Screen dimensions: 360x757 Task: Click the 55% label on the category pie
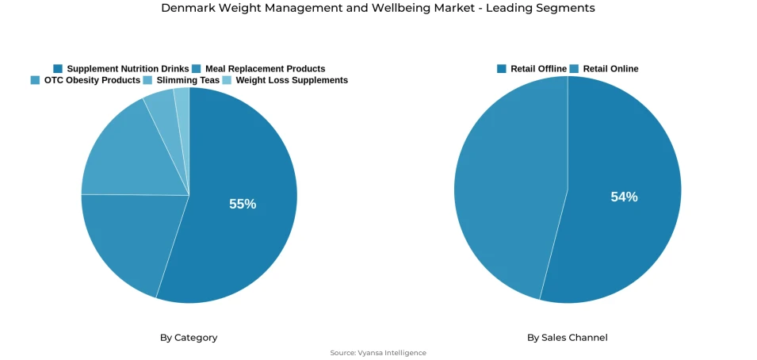tap(243, 204)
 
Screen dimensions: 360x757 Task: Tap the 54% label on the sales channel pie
tap(624, 197)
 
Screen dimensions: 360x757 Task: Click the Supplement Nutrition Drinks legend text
tap(128, 69)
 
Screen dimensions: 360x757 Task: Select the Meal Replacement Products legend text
tap(265, 69)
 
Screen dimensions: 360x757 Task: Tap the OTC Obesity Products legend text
tap(92, 80)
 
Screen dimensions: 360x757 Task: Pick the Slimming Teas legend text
tap(188, 80)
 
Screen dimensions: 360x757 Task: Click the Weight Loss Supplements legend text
tap(292, 80)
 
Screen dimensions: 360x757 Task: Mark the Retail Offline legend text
tap(538, 69)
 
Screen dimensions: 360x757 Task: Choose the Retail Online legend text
tap(610, 69)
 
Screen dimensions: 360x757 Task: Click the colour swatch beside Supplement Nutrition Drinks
tap(58, 69)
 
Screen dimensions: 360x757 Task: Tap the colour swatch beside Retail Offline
tap(502, 69)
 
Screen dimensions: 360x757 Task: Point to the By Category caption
tap(189, 338)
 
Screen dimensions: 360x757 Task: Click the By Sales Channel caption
tap(568, 338)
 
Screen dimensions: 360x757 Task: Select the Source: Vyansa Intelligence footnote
tap(378, 353)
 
